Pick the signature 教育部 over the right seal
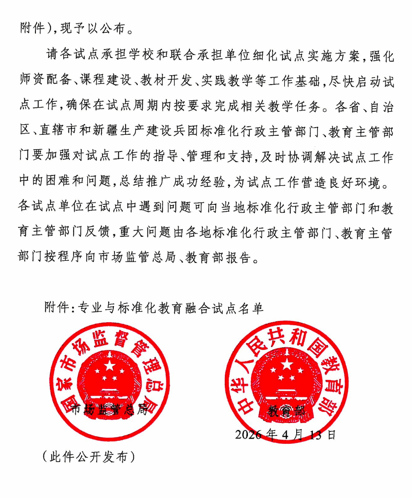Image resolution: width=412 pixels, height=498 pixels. point(287,410)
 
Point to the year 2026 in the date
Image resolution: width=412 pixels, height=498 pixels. point(248,434)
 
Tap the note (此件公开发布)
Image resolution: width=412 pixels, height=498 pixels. point(88,457)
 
